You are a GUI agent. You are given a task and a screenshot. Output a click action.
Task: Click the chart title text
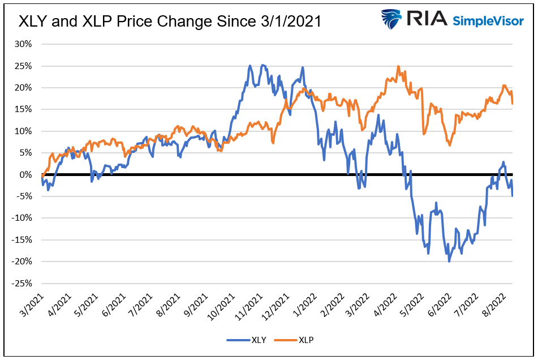(170, 22)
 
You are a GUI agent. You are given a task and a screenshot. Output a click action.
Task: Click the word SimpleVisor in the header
(489, 21)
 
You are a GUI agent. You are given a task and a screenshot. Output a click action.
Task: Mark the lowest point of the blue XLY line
(449, 261)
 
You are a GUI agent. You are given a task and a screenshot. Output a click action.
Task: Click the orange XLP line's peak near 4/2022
(399, 66)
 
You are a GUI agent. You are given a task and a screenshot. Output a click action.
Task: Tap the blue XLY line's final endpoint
(513, 196)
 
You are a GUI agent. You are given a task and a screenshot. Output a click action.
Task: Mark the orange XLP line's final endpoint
(513, 104)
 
